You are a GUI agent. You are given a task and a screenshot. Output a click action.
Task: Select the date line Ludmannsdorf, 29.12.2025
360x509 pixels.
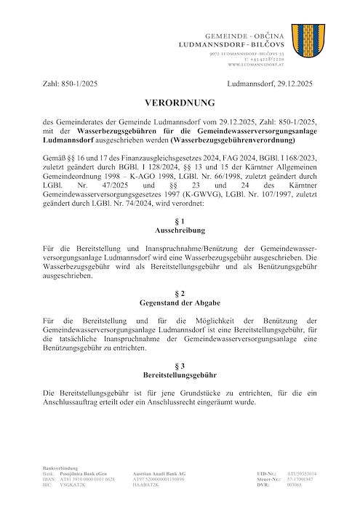pyautogui.click(x=272, y=85)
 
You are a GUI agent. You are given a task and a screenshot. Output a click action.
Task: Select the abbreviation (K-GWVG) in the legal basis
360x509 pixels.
pyautogui.click(x=216, y=195)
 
